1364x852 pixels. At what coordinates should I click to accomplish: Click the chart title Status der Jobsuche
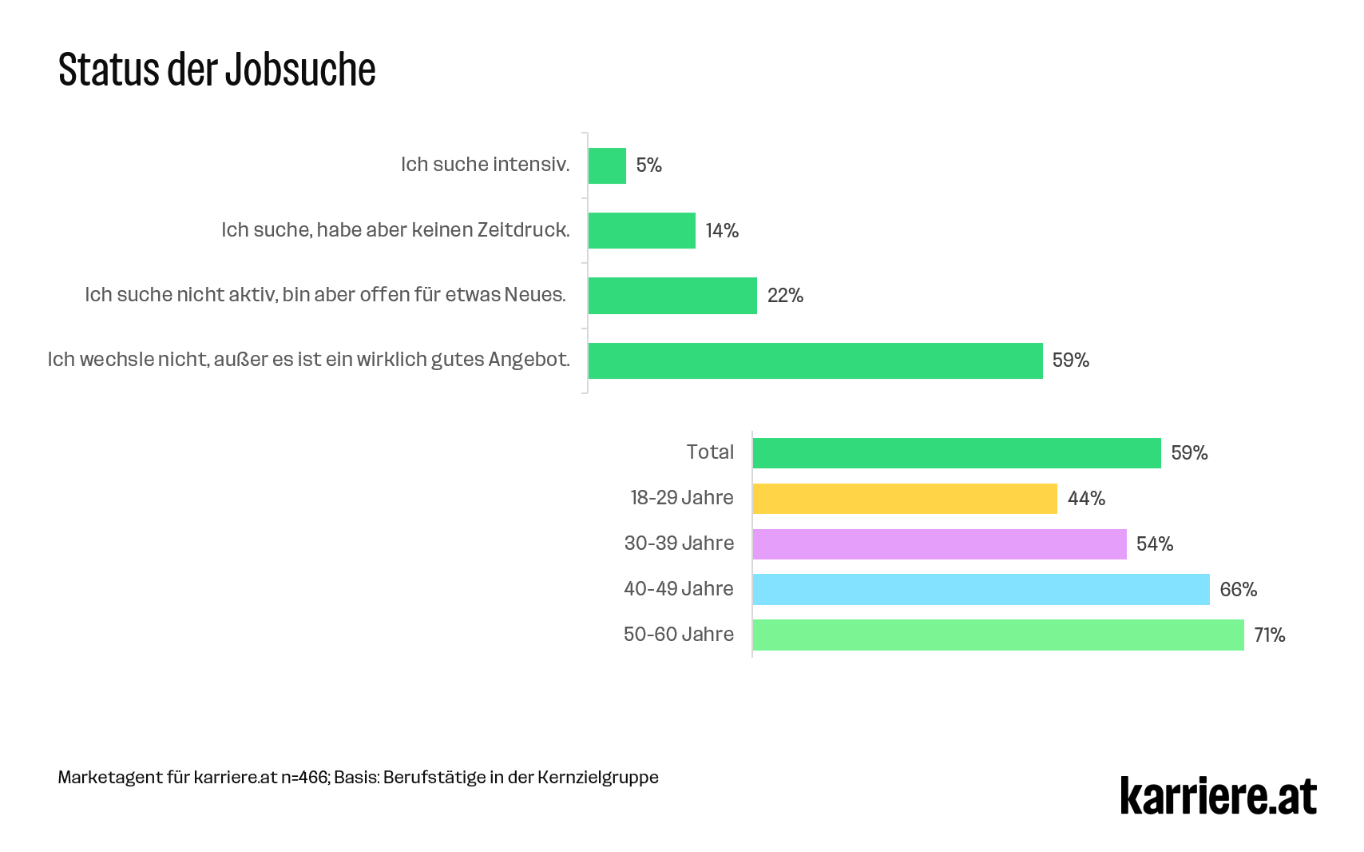(x=216, y=70)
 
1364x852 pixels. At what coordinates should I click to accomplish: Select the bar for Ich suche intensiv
(x=607, y=165)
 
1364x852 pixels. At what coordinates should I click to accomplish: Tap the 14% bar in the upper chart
(x=641, y=230)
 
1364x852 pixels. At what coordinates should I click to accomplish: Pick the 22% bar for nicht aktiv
(x=672, y=296)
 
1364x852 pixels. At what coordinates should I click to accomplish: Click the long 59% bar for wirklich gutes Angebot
(x=815, y=360)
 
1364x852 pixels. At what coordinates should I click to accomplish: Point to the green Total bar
(x=956, y=453)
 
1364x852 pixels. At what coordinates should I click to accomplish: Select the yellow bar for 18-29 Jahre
(x=904, y=499)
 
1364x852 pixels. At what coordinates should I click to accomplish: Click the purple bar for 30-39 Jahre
(x=939, y=544)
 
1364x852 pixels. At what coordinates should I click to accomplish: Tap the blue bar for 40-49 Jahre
(x=981, y=590)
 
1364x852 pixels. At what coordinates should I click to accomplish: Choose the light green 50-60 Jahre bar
(x=997, y=635)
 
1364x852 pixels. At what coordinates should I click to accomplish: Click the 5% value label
(x=648, y=165)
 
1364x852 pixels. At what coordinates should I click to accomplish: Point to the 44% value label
(x=1086, y=499)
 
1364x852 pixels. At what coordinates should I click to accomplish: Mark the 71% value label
(x=1269, y=635)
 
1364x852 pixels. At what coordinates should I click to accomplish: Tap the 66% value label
(x=1238, y=590)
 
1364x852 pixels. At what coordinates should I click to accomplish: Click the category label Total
(x=710, y=452)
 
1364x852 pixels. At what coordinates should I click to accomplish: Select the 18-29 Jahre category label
(x=681, y=498)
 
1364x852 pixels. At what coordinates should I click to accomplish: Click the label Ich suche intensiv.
(x=485, y=165)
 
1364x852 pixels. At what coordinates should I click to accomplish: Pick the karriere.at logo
(x=1218, y=796)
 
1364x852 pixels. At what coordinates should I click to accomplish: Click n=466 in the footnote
(x=304, y=778)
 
